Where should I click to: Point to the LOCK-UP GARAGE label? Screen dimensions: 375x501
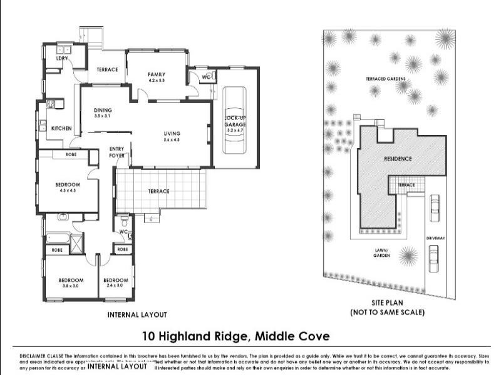pyautogui.click(x=235, y=121)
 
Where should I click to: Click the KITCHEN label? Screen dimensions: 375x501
pyautogui.click(x=61, y=128)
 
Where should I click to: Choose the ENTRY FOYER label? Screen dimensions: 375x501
pyautogui.click(x=117, y=152)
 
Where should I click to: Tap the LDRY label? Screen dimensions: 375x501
pyautogui.click(x=61, y=58)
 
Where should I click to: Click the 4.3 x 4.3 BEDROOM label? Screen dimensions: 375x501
pyautogui.click(x=67, y=187)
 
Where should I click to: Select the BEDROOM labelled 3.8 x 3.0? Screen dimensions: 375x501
pyautogui.click(x=71, y=282)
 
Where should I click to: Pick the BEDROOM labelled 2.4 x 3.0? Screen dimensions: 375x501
pyautogui.click(x=116, y=282)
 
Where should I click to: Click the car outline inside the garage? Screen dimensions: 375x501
pyautogui.click(x=235, y=120)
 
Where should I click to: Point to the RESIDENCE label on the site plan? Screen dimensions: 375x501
pyautogui.click(x=398, y=159)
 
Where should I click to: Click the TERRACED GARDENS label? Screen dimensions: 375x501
pyautogui.click(x=386, y=79)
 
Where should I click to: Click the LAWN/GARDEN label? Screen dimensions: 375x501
pyautogui.click(x=382, y=253)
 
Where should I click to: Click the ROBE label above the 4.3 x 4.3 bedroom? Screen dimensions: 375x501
pyautogui.click(x=71, y=154)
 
